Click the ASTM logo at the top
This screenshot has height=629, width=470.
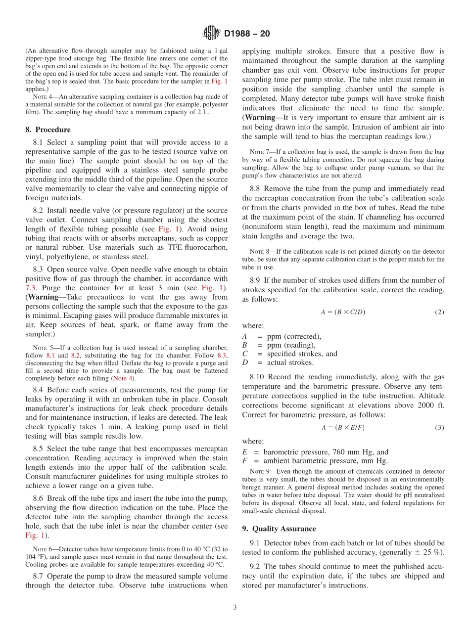(211, 34)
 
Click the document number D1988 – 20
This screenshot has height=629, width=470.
(247, 34)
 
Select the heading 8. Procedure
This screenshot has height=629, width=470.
(47, 130)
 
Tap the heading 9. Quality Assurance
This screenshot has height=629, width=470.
(279, 529)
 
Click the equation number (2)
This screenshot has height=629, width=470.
(439, 312)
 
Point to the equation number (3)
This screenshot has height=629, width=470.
(439, 427)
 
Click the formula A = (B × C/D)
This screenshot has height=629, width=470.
(343, 312)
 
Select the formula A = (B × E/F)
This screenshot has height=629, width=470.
(343, 427)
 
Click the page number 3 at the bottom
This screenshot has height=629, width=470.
(235, 608)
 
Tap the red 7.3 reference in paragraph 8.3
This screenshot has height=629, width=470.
(30, 288)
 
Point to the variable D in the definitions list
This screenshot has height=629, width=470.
(245, 362)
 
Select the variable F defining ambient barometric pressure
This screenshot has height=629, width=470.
(244, 460)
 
